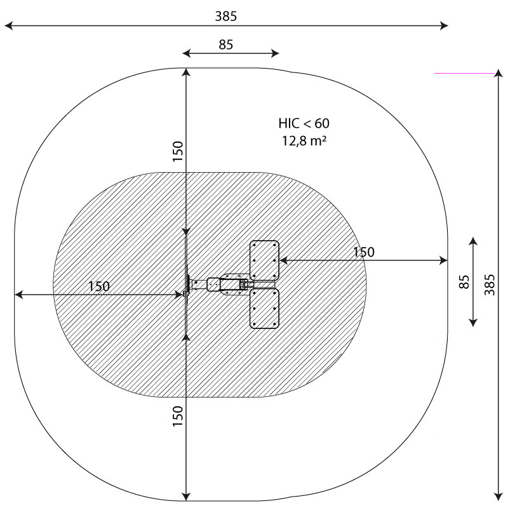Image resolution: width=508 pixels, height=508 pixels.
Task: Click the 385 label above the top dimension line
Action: pyautogui.click(x=226, y=17)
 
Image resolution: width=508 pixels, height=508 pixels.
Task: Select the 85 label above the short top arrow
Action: pyautogui.click(x=226, y=44)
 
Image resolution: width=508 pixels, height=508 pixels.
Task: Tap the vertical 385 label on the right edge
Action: pyautogui.click(x=490, y=284)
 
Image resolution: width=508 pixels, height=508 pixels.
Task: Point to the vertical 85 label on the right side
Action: pyautogui.click(x=464, y=282)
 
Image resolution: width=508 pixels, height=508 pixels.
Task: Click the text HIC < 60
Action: pyautogui.click(x=304, y=123)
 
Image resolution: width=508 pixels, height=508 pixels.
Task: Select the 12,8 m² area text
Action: pyautogui.click(x=304, y=140)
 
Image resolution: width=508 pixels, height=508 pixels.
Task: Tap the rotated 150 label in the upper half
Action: pyautogui.click(x=178, y=151)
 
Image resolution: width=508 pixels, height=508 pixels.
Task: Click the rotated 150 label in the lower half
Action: pyautogui.click(x=178, y=416)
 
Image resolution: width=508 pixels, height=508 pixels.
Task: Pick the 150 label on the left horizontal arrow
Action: pyautogui.click(x=99, y=286)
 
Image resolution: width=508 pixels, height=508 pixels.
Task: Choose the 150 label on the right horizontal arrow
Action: pyautogui.click(x=363, y=252)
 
